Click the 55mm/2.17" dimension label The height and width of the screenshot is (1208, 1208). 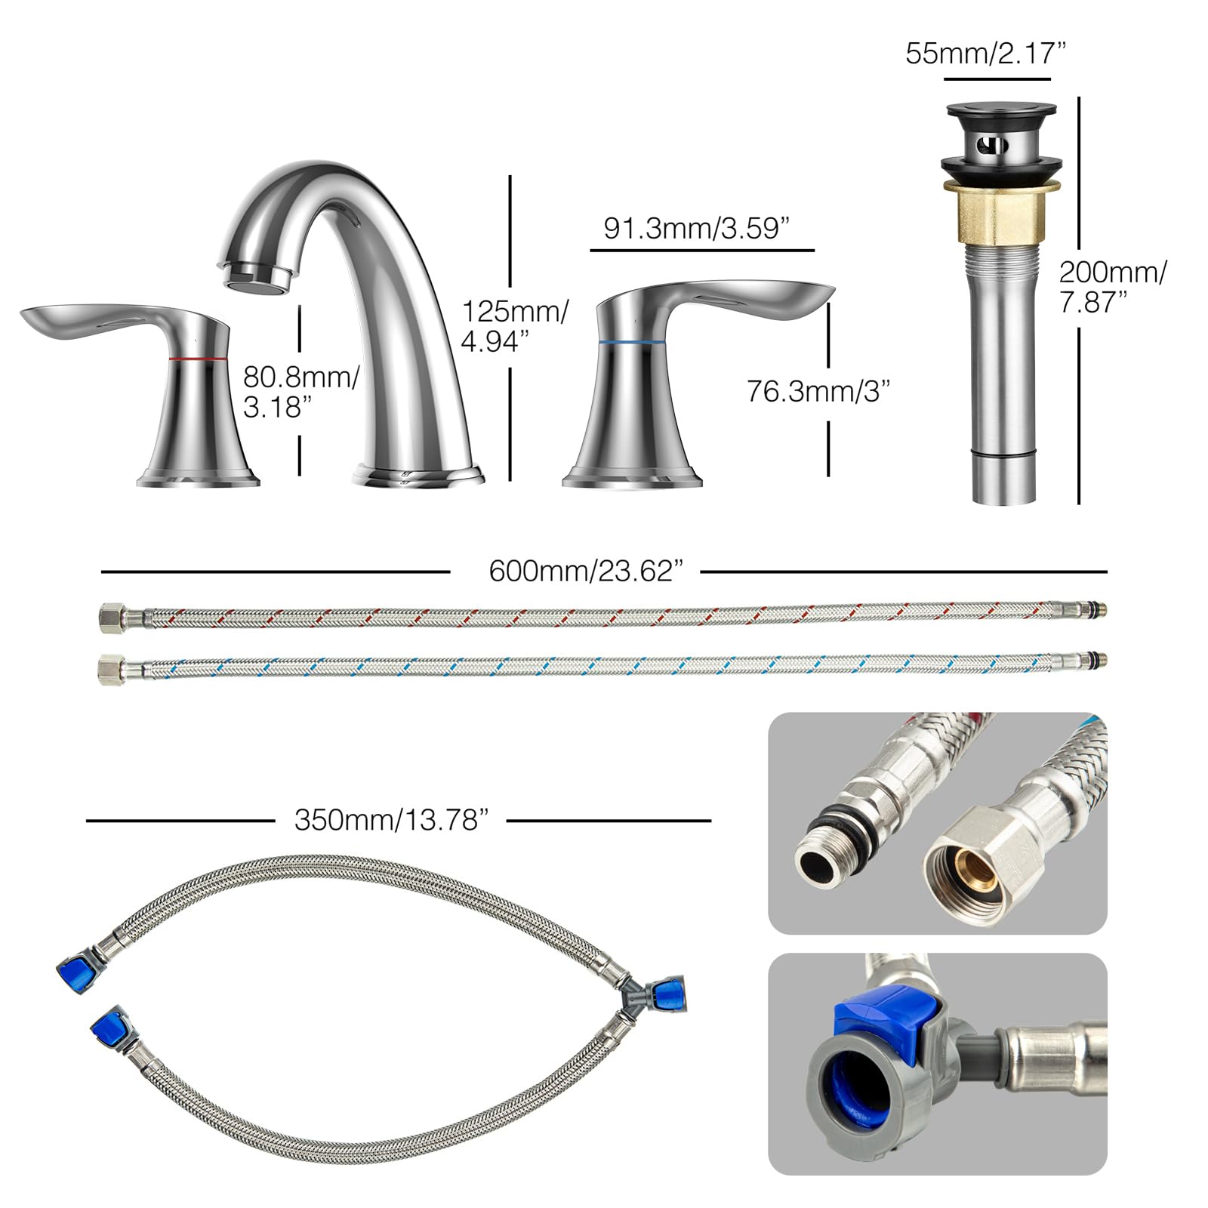(985, 54)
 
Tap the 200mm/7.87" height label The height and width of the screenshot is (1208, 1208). (1112, 287)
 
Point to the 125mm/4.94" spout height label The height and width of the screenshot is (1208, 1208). (515, 326)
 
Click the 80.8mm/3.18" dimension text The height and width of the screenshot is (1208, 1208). (300, 392)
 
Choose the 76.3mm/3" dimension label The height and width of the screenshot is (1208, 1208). (818, 391)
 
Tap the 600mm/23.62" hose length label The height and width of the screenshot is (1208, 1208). (586, 571)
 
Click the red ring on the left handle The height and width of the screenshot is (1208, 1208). (199, 357)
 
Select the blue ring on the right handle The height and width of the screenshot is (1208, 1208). (631, 342)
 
